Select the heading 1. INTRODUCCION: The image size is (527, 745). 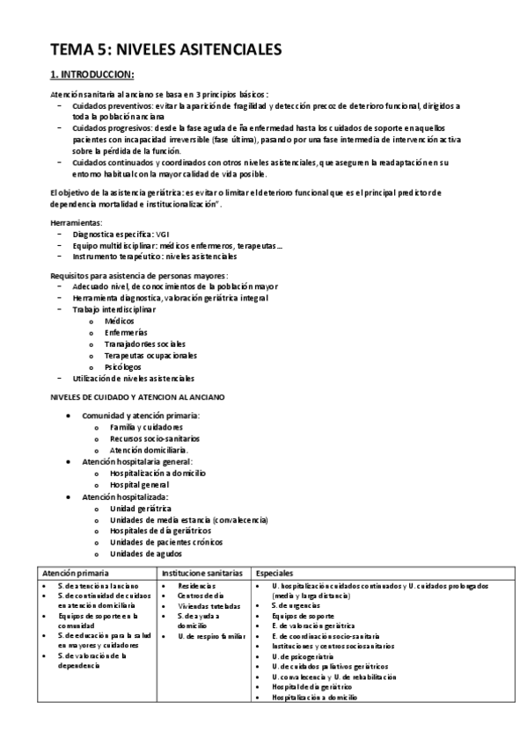point(90,75)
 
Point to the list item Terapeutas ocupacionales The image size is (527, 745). point(147,355)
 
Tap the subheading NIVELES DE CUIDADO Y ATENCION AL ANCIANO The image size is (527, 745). point(135,397)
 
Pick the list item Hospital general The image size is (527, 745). point(139,484)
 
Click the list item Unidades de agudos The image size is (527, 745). point(146,553)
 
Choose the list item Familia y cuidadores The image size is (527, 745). point(146,426)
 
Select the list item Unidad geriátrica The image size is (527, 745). point(141,509)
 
